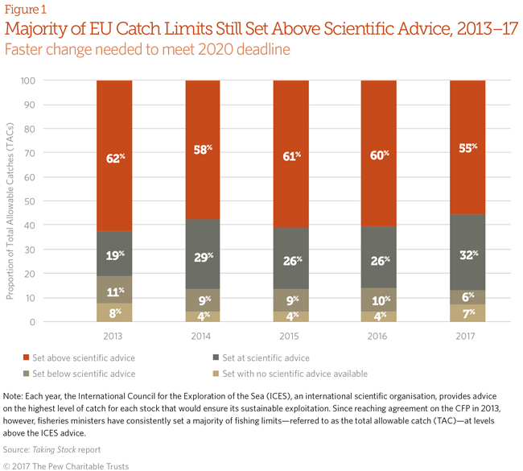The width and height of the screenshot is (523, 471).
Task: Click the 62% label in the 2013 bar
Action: tap(116, 159)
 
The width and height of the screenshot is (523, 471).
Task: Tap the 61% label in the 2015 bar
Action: tap(292, 155)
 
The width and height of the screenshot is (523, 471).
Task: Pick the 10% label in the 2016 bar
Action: tap(380, 300)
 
